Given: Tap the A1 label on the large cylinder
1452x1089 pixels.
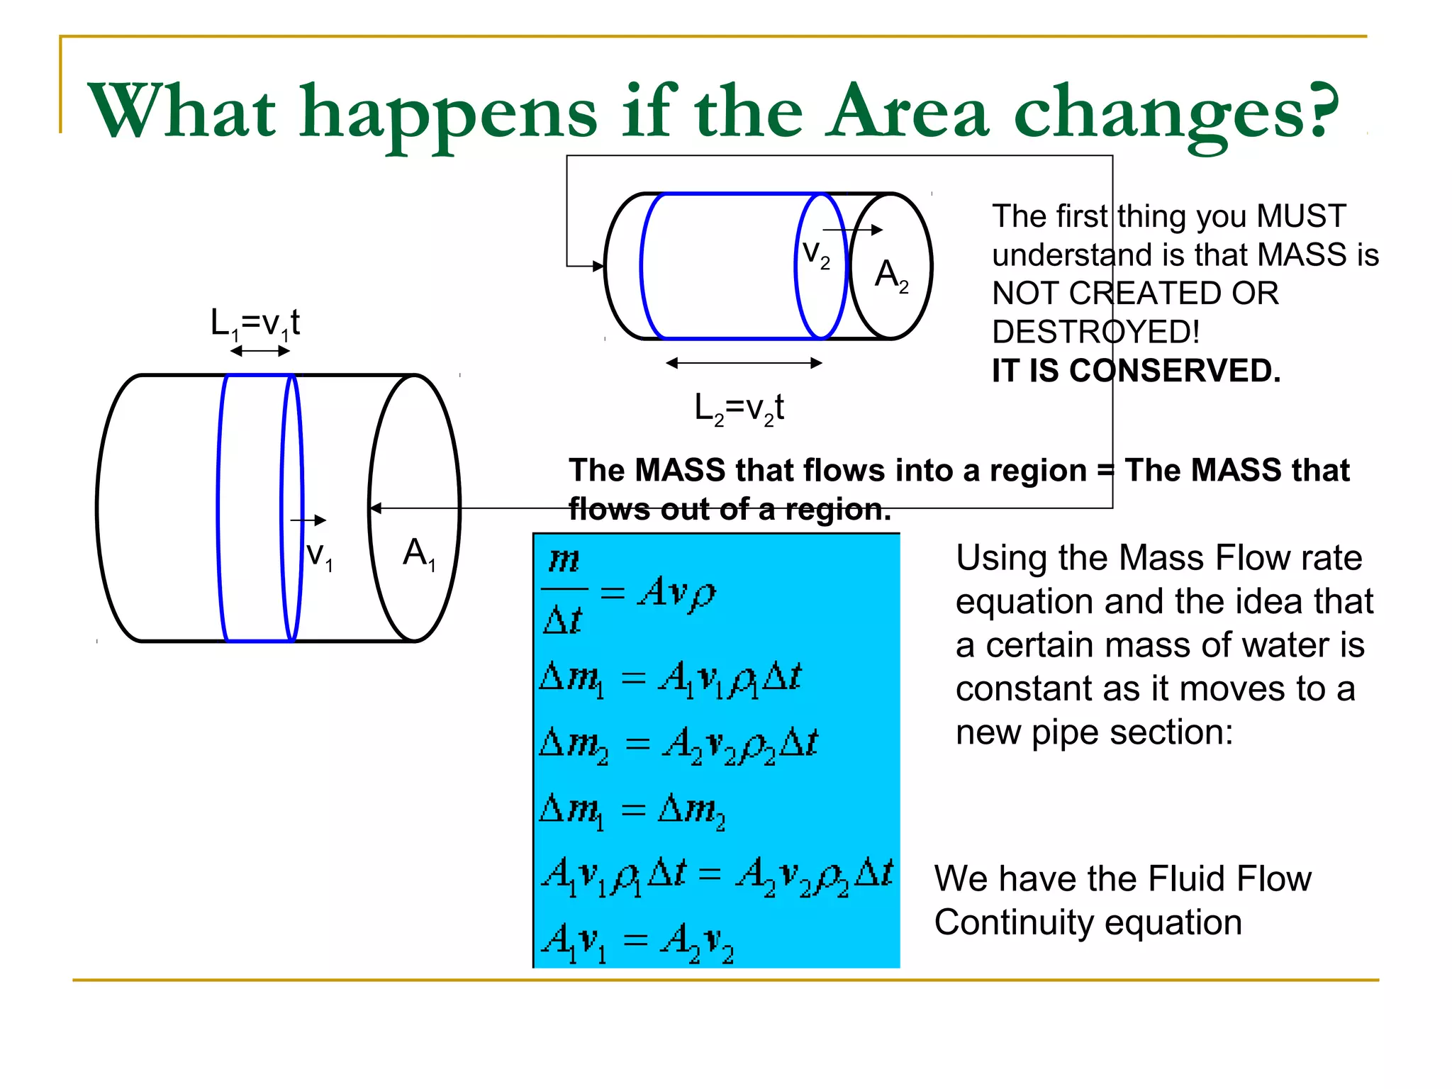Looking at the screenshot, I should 418,554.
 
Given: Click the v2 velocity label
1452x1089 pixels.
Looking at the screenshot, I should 815,254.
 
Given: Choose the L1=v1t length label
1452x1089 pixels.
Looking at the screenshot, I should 255,324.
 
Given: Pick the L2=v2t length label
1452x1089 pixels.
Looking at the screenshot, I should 739,409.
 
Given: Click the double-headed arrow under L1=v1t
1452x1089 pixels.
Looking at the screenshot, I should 259,351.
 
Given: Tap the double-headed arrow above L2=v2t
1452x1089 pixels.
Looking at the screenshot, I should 744,363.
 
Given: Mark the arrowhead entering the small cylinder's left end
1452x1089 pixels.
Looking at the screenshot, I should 598,267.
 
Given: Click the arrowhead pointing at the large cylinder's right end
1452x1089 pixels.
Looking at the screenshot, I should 376,508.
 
